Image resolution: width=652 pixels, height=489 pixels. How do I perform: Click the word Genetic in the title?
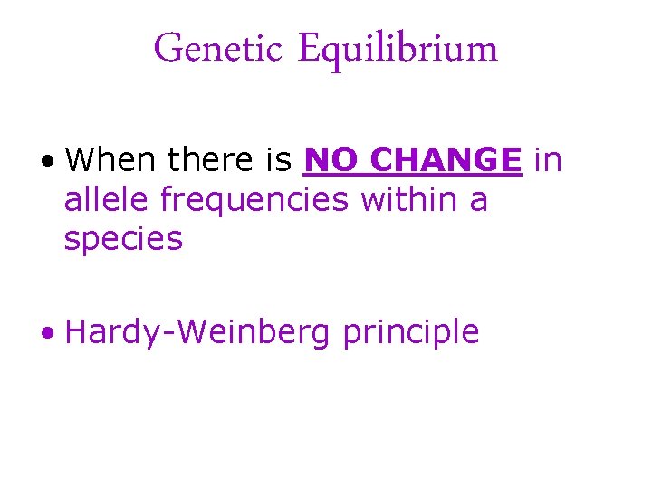[207, 49]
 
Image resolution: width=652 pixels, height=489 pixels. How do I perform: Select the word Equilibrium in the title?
[397, 50]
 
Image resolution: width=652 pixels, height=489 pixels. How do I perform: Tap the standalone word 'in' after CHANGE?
[548, 160]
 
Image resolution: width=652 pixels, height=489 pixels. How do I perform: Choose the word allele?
[107, 199]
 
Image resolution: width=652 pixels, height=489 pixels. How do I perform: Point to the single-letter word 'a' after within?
[479, 201]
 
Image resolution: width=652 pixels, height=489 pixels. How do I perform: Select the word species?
[123, 240]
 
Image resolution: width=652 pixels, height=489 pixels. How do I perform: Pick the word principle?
[410, 333]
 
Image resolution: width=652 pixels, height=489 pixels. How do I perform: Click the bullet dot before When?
[46, 163]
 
